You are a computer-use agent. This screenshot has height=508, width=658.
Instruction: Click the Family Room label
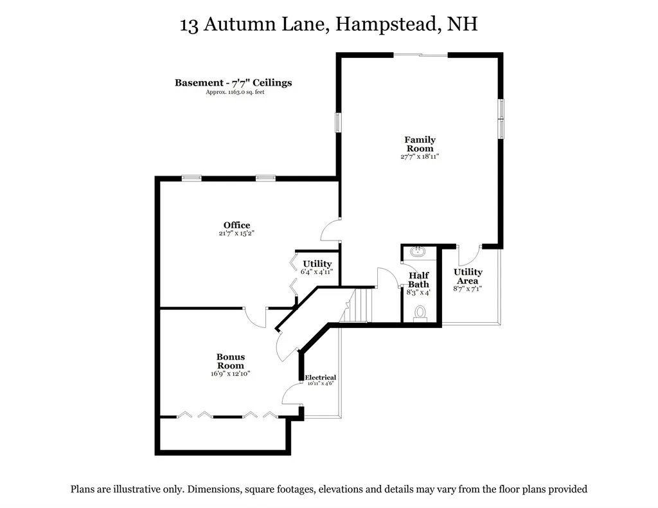pos(420,144)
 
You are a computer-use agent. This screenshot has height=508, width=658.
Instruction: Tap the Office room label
pos(236,225)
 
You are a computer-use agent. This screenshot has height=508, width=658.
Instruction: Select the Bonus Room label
pos(230,361)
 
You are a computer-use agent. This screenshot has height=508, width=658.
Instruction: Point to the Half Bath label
pos(418,280)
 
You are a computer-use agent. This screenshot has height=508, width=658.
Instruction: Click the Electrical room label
pos(320,377)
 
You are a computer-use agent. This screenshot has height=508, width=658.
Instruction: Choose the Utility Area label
pos(468,277)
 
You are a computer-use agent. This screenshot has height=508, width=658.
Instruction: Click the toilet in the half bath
pos(420,313)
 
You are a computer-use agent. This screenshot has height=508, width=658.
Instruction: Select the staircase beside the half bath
pos(359,305)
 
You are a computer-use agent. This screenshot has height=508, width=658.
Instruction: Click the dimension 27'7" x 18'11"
pos(420,156)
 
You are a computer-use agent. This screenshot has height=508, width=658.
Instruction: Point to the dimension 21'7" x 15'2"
pos(236,233)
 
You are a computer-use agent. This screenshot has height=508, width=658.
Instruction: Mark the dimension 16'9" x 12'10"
pos(230,374)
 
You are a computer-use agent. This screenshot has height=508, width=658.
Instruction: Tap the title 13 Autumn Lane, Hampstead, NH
pos(329,25)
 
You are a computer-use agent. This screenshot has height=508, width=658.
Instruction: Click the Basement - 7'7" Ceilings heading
pos(233,82)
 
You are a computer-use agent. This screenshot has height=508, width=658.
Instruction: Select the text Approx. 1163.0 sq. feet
pos(235,92)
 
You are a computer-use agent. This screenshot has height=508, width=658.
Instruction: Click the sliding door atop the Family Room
pos(420,55)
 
